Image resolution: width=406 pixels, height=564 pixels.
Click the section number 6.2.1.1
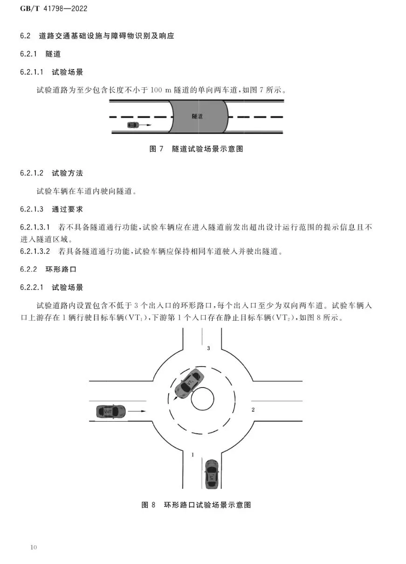pyautogui.click(x=32, y=72)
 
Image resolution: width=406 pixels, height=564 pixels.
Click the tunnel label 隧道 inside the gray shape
pyautogui.click(x=197, y=116)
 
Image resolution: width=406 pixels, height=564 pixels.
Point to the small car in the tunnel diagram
pyautogui.click(x=133, y=125)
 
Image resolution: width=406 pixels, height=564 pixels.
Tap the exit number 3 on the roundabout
pyautogui.click(x=208, y=348)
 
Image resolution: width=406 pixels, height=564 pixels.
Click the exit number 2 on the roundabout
pyautogui.click(x=253, y=410)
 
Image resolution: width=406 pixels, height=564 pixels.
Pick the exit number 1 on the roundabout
pyautogui.click(x=193, y=454)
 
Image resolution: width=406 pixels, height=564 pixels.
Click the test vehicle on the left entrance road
pyautogui.click(x=110, y=411)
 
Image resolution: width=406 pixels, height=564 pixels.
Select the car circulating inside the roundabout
pyautogui.click(x=188, y=384)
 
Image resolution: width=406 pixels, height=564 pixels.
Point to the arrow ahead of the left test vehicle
pyautogui.click(x=138, y=411)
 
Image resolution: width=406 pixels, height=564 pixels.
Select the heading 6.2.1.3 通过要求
pyautogui.click(x=51, y=209)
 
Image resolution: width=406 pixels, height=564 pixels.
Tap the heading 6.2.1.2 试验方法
pyautogui.click(x=51, y=173)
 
